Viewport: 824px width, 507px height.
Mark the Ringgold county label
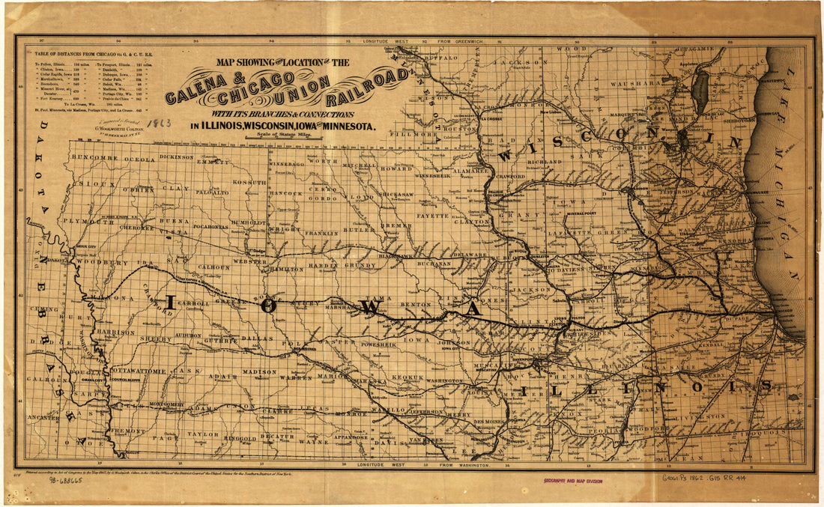pos(240,439)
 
